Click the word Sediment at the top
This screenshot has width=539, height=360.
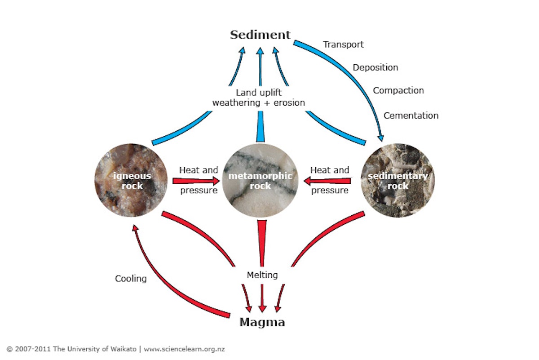tap(261, 35)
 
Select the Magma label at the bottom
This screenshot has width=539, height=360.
tap(262, 322)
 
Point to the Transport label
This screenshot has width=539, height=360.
tap(344, 44)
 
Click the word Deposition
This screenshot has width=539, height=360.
tap(375, 67)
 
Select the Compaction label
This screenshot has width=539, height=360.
tap(398, 90)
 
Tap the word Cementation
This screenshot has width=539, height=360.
tap(411, 116)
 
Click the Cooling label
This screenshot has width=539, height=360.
tap(131, 279)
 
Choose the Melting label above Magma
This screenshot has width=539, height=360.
tap(262, 275)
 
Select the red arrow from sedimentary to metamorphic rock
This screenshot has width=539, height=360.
tap(327, 181)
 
